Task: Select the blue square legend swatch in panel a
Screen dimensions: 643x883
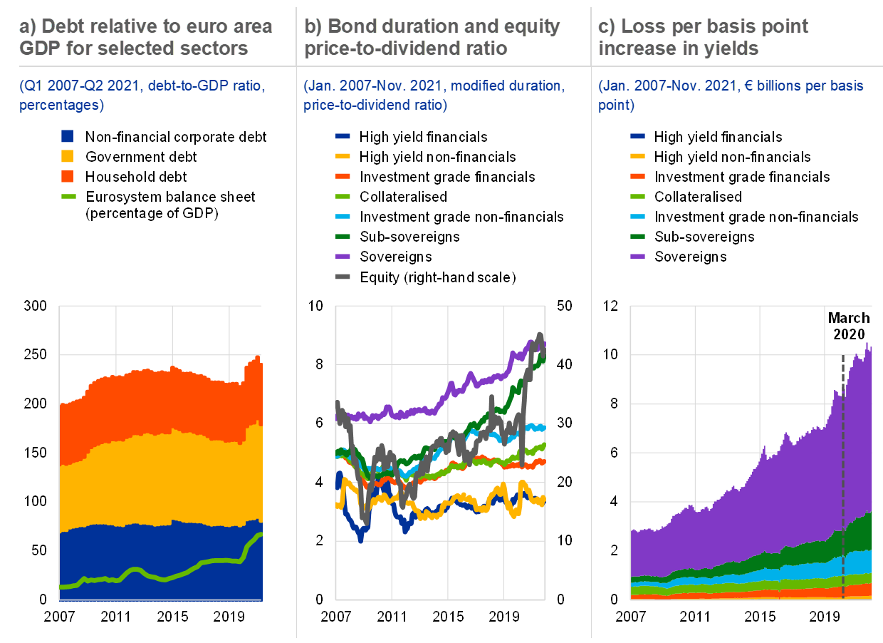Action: pyautogui.click(x=68, y=136)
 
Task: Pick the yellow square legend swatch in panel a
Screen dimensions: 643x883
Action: pyautogui.click(x=68, y=156)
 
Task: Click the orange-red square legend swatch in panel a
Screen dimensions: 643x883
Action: pyautogui.click(x=68, y=176)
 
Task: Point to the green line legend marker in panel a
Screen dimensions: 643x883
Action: pyautogui.click(x=68, y=196)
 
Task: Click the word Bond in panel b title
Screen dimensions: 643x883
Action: pyautogui.click(x=346, y=27)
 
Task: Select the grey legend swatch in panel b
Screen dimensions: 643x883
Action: pyautogui.click(x=343, y=277)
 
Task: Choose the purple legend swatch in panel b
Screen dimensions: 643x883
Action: pyautogui.click(x=343, y=256)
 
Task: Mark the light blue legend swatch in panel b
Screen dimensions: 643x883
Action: pyautogui.click(x=343, y=216)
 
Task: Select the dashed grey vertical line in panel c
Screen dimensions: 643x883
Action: pyautogui.click(x=843, y=499)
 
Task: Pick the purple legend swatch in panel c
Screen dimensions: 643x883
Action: pyautogui.click(x=637, y=256)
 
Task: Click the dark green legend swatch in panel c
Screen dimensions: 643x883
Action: pyautogui.click(x=637, y=236)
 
